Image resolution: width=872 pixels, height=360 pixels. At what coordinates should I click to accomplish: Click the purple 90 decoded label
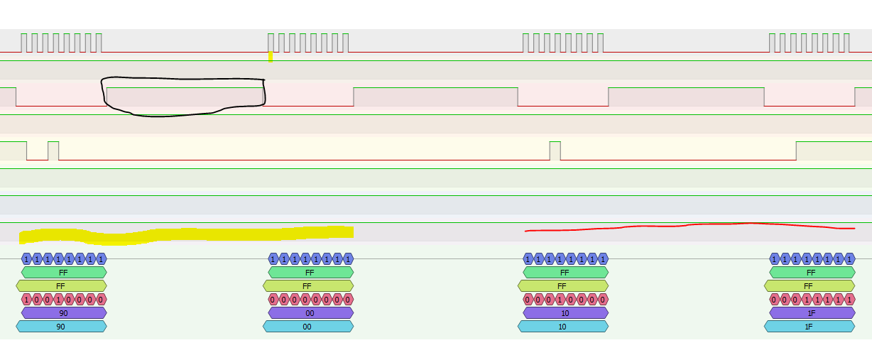pyautogui.click(x=64, y=313)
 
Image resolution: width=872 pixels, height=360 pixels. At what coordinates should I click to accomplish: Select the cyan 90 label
pyautogui.click(x=61, y=327)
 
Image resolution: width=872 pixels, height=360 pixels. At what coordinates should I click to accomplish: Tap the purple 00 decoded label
pyautogui.click(x=310, y=313)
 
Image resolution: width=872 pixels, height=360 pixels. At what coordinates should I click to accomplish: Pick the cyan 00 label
pyautogui.click(x=307, y=327)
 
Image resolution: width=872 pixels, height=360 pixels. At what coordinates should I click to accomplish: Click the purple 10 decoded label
pyautogui.click(x=565, y=313)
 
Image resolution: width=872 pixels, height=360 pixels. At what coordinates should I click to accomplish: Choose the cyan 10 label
pyautogui.click(x=562, y=327)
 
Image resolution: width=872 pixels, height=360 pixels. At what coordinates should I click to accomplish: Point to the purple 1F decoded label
pyautogui.click(x=812, y=313)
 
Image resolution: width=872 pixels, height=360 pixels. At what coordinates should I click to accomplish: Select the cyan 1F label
pyautogui.click(x=809, y=327)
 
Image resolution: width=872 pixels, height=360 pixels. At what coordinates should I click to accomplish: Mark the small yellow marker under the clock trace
pyautogui.click(x=271, y=57)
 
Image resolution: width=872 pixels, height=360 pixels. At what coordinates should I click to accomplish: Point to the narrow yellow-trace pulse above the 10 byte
pyautogui.click(x=555, y=151)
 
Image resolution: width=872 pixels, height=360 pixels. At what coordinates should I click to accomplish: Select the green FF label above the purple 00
pyautogui.click(x=310, y=273)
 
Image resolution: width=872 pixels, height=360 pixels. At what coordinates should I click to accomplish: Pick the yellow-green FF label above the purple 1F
pyautogui.click(x=809, y=286)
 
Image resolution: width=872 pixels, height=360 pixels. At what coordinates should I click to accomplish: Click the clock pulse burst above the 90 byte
pyautogui.click(x=61, y=43)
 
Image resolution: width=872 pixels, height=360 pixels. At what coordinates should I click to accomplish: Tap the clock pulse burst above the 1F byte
pyautogui.click(x=809, y=43)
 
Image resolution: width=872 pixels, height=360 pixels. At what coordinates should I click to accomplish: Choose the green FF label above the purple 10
pyautogui.click(x=565, y=273)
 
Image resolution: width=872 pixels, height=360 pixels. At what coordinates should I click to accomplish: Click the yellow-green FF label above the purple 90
pyautogui.click(x=61, y=286)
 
